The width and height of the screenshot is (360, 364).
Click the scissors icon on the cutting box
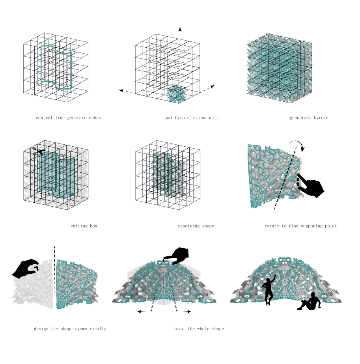click(38, 151)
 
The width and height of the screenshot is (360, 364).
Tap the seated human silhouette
click(310, 301)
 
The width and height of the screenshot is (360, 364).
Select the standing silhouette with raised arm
click(269, 290)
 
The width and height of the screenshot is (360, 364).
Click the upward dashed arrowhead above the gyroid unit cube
click(180, 29)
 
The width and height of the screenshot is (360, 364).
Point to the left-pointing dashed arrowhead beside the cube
click(121, 91)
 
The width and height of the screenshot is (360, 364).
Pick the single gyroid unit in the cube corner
click(177, 94)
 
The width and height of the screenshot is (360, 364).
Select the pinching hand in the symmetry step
click(26, 269)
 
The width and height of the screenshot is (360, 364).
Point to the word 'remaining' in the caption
click(188, 226)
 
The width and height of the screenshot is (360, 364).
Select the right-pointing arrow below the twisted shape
click(187, 312)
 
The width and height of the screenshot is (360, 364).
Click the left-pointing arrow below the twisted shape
click(142, 312)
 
